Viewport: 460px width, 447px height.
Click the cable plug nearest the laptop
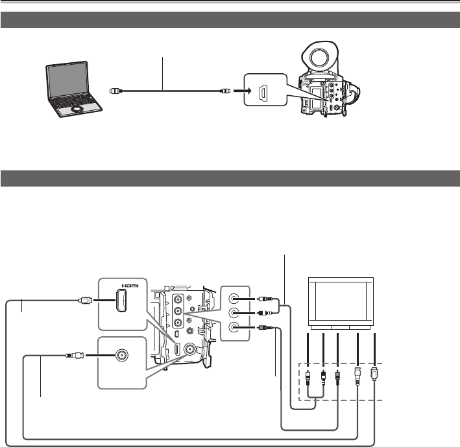[x=113, y=91]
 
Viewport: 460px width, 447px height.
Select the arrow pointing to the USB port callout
[x=239, y=91]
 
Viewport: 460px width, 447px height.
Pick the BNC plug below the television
[x=359, y=376]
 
